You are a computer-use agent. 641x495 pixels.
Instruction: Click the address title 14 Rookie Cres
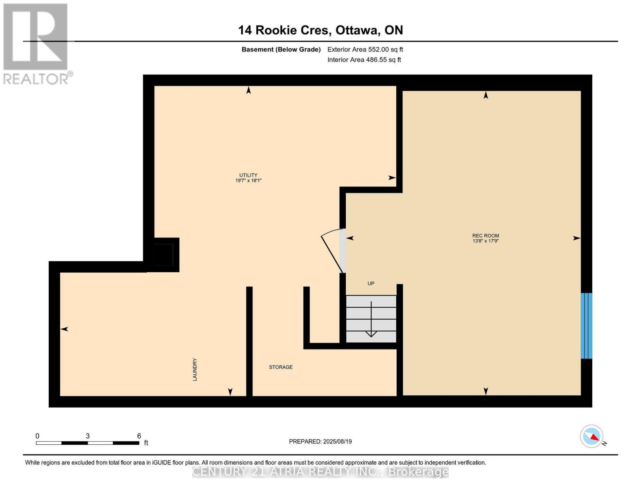coord(320,30)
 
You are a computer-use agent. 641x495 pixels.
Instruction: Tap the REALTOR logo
coord(36,44)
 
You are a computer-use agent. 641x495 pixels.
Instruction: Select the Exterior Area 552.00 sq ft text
coord(365,49)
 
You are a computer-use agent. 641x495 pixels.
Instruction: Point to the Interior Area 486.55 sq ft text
coord(364,60)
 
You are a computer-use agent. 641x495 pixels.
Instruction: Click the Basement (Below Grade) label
coord(281,49)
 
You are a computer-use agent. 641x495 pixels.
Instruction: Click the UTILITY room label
coord(248,175)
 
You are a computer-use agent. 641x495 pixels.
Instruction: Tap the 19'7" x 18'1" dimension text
coord(248,181)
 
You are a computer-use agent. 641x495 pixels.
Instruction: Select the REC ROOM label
coord(485,236)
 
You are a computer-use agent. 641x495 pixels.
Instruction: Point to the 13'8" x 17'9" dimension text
coord(485,241)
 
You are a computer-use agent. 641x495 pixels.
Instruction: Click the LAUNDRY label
coord(194,369)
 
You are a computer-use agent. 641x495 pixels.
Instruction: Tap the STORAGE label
coord(281,367)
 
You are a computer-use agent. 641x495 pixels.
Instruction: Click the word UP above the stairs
coord(371,283)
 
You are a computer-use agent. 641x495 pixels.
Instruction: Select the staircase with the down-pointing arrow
coord(371,319)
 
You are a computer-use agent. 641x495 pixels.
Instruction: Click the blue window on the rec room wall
coord(586,325)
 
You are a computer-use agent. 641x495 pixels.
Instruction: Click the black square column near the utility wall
coord(163,255)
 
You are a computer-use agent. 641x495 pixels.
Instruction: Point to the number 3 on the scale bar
coord(88,436)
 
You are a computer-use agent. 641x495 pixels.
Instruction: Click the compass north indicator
coord(592,436)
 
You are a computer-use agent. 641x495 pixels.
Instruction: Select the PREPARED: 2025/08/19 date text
coord(320,441)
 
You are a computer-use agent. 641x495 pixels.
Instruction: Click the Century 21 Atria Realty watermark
coord(320,471)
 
